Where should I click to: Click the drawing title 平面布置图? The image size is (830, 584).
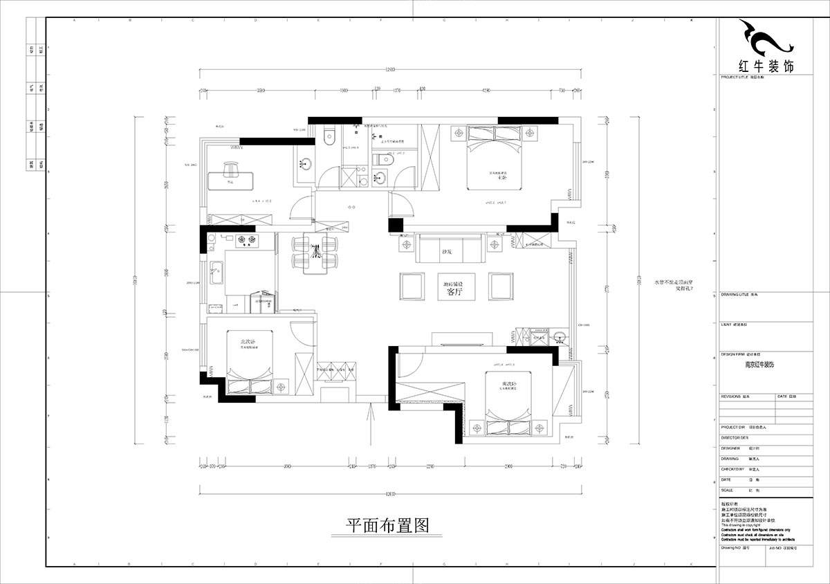click(387, 525)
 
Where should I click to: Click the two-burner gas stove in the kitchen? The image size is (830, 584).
click(247, 241)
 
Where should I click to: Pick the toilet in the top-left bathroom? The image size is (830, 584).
click(329, 134)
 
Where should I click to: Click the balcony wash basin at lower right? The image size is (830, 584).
click(562, 338)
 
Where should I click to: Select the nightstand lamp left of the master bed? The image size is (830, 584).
click(457, 131)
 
